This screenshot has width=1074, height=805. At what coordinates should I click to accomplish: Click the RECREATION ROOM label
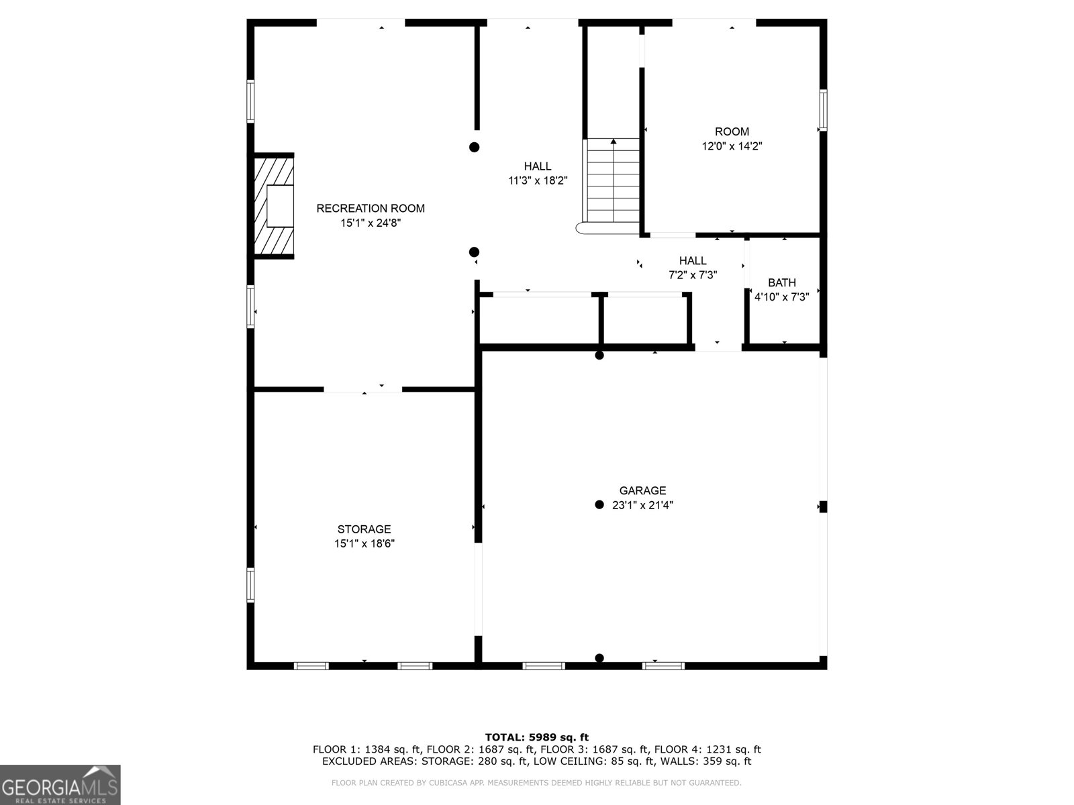point(371,209)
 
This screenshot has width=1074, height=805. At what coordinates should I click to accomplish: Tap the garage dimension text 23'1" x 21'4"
point(642,506)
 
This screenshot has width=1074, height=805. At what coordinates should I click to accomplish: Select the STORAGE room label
point(364,529)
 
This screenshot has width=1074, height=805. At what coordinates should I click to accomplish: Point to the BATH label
point(782,282)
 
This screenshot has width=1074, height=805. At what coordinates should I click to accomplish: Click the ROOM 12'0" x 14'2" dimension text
point(732,146)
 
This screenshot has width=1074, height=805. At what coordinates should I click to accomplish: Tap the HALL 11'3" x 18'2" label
point(538,166)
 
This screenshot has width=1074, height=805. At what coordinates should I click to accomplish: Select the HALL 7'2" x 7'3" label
point(693,261)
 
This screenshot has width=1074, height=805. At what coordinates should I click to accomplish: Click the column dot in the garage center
point(599,504)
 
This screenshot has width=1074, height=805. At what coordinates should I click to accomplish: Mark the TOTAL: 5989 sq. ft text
point(536,737)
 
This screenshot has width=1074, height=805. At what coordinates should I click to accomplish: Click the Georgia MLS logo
point(60,785)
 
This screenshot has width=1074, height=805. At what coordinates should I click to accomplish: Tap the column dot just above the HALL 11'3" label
point(475,147)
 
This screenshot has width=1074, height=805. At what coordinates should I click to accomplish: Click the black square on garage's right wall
point(823,506)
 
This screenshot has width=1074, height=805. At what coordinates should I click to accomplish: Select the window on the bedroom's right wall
point(823,111)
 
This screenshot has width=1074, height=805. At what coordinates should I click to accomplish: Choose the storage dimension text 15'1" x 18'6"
point(364,544)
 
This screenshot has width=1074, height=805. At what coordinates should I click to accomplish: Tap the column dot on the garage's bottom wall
point(599,658)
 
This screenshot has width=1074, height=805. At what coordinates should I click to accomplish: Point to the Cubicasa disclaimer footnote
point(536,783)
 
